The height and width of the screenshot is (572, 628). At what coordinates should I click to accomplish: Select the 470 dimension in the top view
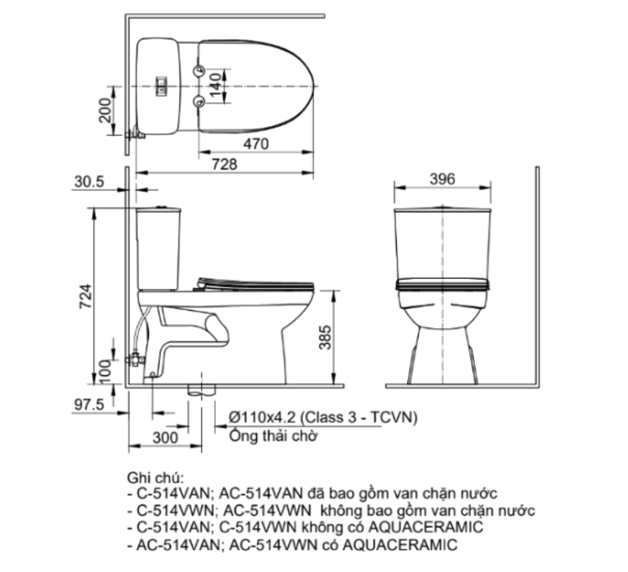click(255, 143)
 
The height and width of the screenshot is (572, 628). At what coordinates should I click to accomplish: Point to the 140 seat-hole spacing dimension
click(215, 85)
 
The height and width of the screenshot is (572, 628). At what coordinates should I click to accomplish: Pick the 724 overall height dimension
click(85, 295)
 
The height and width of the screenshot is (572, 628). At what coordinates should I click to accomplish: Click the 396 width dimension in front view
click(441, 178)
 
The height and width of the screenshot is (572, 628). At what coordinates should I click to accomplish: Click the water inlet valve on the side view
click(132, 360)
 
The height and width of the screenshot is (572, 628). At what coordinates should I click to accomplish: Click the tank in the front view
click(441, 243)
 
